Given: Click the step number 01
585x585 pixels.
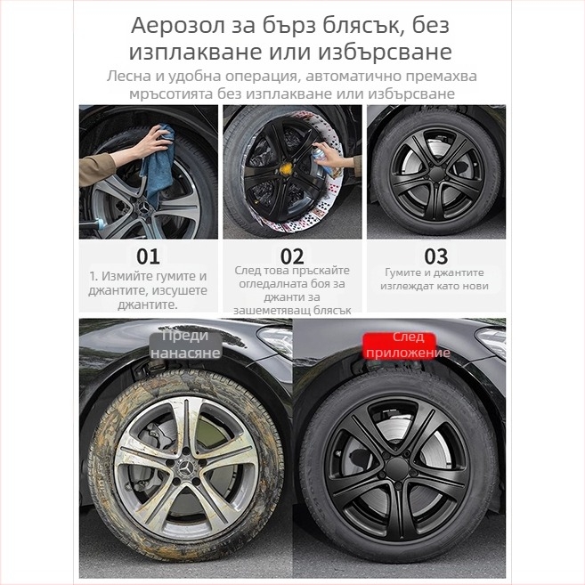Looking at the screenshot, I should click(x=148, y=256).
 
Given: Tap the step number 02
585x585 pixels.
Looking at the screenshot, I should click(x=292, y=256).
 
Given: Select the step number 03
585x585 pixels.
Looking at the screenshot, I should click(x=436, y=256).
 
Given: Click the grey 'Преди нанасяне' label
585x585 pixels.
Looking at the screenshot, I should click(x=185, y=344).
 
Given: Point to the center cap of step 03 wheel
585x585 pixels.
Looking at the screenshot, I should click(x=435, y=171).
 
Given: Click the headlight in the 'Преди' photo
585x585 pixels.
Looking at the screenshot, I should click(x=272, y=338).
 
